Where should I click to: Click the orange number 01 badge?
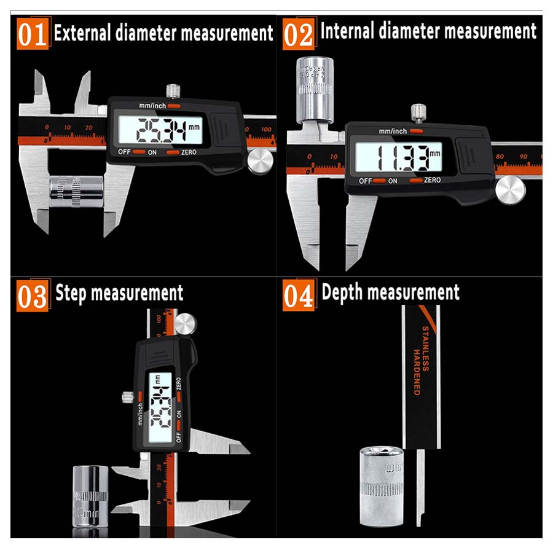tap(32, 34)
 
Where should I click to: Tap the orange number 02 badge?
tap(298, 34)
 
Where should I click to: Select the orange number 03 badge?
tap(32, 296)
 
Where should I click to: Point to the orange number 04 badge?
tap(298, 296)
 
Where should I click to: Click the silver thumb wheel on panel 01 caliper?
tap(261, 162)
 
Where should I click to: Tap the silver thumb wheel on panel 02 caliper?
tap(511, 190)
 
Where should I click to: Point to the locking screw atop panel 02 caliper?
tap(419, 112)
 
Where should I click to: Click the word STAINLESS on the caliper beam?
tap(424, 349)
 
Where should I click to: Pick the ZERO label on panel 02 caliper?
tap(432, 180)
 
